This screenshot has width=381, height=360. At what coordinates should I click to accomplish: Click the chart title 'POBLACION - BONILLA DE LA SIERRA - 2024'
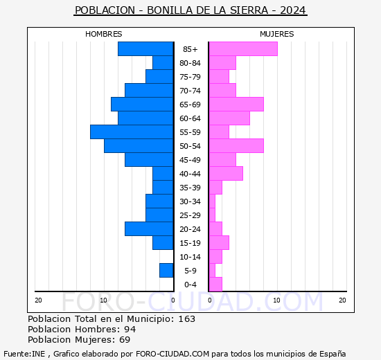coord(190,10)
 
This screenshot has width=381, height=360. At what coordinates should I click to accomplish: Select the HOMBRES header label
coord(103,34)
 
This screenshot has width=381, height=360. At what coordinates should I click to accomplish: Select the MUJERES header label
coord(276,34)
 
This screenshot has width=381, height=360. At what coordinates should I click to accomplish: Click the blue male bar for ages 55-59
coord(132,132)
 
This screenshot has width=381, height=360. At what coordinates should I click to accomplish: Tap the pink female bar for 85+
coord(242,48)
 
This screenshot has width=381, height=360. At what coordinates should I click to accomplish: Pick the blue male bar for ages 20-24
coord(149,228)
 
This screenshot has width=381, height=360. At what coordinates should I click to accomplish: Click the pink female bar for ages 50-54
coord(236,145)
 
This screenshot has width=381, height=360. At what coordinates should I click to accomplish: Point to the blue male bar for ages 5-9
coord(166,270)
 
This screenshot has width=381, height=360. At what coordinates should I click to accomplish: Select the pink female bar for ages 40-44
coord(225,173)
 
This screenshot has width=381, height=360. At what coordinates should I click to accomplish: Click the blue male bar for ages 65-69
coord(142,104)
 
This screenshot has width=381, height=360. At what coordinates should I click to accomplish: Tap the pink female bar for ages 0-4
coord(215,284)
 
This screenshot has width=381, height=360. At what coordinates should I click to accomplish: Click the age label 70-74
coord(190,91)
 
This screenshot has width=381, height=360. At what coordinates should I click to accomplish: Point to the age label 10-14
coord(190,257)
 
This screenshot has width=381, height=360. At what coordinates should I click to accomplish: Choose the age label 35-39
coord(190,188)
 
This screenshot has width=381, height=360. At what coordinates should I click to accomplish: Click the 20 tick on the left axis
coord(38,300)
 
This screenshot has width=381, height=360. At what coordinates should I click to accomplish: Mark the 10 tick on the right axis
coord(276,300)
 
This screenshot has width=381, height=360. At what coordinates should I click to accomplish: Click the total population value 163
coord(186,319)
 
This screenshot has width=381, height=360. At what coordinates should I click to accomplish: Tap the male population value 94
coord(129,330)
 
